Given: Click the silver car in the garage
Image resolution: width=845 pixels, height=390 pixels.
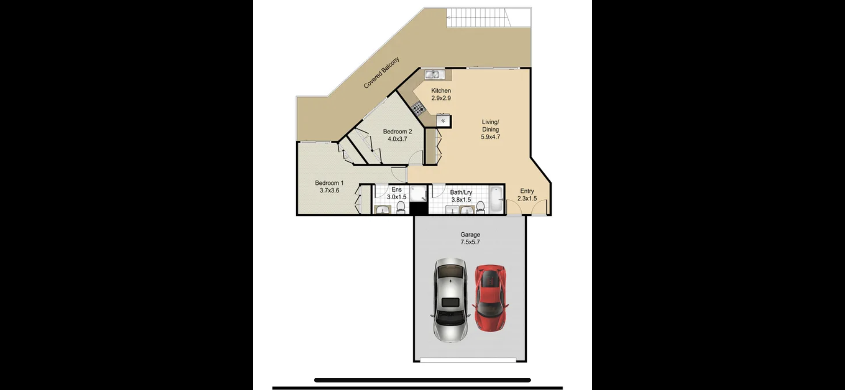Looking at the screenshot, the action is [450, 300].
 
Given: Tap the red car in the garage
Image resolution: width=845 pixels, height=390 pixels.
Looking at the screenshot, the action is [490, 297].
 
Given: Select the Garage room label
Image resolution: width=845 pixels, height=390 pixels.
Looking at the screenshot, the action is [470, 235].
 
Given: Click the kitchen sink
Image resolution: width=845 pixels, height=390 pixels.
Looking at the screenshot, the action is [433, 74].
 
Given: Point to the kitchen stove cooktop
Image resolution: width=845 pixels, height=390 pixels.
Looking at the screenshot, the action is [418, 109].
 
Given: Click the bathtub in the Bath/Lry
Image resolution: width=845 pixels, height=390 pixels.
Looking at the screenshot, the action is [497, 199].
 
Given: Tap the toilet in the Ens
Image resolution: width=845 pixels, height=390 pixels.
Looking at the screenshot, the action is [401, 207].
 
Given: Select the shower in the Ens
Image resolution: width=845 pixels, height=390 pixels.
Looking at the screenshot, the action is [418, 194].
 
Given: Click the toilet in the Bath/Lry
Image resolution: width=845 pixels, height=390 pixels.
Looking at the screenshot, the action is [480, 207].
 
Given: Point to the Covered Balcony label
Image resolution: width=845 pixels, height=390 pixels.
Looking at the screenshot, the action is [381, 73].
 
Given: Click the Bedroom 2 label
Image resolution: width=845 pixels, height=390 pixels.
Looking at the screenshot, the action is [398, 131].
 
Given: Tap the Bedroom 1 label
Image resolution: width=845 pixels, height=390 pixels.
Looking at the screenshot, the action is [329, 183].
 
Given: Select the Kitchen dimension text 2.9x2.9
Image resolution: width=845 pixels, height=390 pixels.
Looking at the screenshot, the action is [441, 98].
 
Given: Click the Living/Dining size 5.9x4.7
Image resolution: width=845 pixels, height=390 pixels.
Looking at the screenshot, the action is [490, 137].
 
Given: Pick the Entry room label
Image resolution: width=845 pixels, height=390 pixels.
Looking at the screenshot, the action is [527, 191].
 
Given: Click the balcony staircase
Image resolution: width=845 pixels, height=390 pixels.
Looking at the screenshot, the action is [477, 18].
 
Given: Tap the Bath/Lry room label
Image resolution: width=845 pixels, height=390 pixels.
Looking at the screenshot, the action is [461, 192].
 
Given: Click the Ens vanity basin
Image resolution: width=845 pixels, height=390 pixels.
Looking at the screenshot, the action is [382, 210].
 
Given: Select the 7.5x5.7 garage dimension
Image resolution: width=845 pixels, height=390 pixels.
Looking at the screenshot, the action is [470, 242].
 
